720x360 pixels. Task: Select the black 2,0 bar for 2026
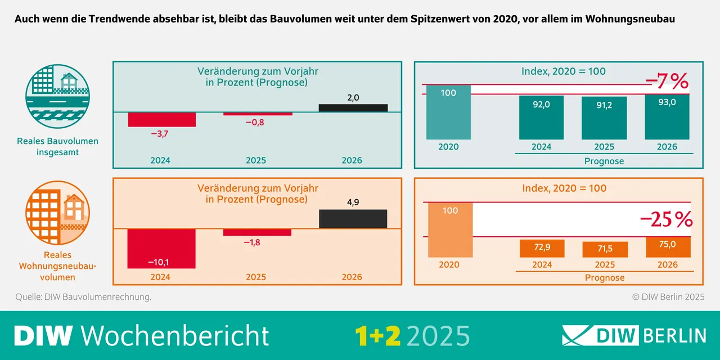tap(353, 108)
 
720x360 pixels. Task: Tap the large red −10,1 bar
tap(161, 249)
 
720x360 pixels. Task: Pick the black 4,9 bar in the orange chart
tap(353, 219)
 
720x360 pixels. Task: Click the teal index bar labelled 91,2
tap(604, 118)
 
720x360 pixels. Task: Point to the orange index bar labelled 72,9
tap(541, 249)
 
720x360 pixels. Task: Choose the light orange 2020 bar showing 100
tap(450, 229)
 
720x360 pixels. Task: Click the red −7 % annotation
tap(667, 82)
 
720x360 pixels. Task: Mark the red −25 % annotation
tap(667, 220)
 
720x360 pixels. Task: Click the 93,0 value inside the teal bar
tap(667, 103)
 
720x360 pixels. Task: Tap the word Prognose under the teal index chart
tap(604, 161)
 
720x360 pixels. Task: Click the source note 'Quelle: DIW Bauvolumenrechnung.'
tap(83, 296)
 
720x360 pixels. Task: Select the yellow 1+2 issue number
tap(377, 336)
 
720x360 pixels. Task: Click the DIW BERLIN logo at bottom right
tap(633, 335)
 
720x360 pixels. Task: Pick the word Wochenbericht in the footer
tap(175, 336)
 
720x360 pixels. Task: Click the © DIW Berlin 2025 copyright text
tap(668, 296)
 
